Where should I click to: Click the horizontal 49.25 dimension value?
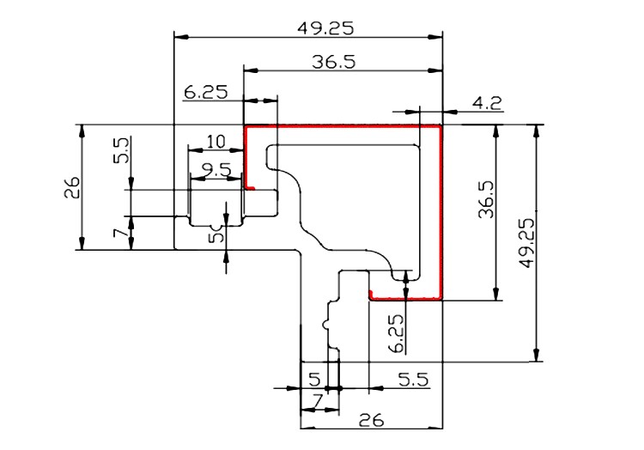tap(325, 28)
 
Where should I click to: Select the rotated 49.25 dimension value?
tap(527, 243)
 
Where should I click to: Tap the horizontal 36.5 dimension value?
tap(333, 62)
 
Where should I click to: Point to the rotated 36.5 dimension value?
tap(487, 198)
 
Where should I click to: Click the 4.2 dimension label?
tap(487, 103)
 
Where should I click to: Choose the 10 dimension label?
tap(216, 142)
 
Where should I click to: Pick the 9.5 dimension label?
tap(216, 170)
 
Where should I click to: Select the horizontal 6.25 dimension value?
tap(205, 92)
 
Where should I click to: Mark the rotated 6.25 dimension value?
tap(397, 333)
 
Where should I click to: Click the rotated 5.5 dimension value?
tap(121, 150)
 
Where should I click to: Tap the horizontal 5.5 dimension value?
tap(414, 380)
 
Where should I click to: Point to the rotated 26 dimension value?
tap(72, 187)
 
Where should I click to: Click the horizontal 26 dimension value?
tap(371, 420)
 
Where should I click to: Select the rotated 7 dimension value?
tap(121, 234)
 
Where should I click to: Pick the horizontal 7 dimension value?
tap(317, 400)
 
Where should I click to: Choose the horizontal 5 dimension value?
tap(314, 380)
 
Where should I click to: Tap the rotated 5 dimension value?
tap(216, 237)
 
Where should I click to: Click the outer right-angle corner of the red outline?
tap(440, 127)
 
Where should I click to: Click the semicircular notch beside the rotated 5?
tap(216, 227)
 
